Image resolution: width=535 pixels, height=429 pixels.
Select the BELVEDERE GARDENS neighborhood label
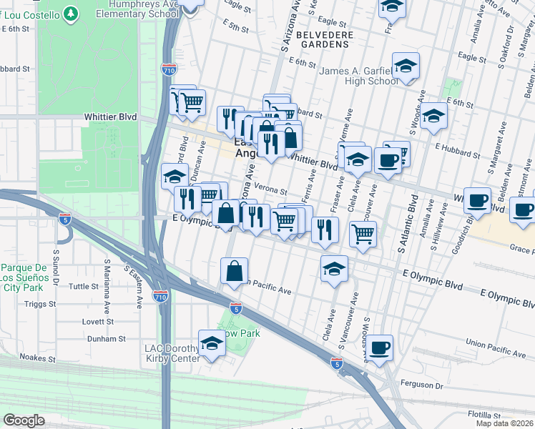click(315, 38)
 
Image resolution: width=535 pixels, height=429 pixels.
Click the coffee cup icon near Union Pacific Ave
click(379, 347)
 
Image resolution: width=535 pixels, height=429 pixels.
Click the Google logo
click(24, 420)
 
